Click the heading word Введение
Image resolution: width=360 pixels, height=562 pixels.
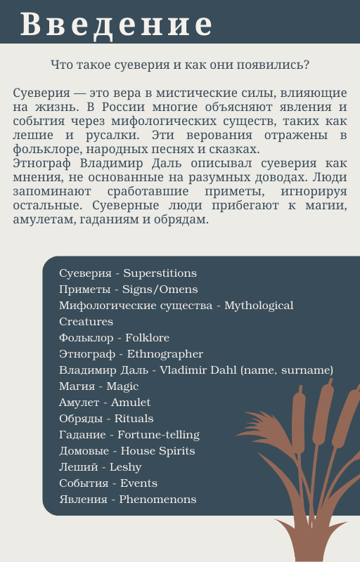point(116,24)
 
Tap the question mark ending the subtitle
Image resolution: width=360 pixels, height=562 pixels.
point(308,65)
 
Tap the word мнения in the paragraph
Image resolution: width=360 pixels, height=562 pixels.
point(34,178)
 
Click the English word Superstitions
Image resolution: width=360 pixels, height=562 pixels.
point(160,273)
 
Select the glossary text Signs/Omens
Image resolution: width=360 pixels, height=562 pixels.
point(160,289)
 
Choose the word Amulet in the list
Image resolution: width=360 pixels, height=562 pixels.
point(131,403)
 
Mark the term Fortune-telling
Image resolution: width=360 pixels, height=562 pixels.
point(158,435)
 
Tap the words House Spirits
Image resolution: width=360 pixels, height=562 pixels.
point(157,451)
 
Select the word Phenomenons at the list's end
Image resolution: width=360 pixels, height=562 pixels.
point(157,499)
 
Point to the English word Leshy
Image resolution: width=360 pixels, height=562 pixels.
point(125,467)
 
